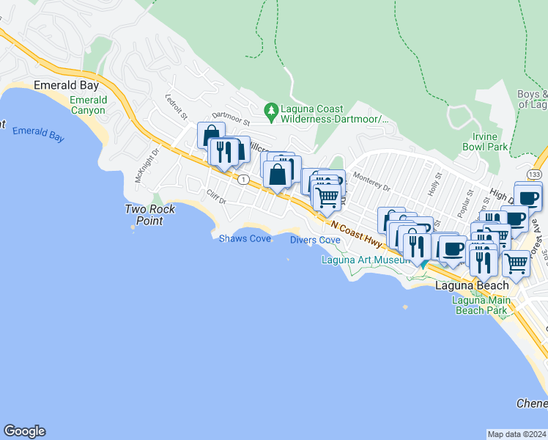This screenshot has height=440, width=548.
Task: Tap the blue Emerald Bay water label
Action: point(38,133)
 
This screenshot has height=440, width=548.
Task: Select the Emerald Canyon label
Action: point(88,105)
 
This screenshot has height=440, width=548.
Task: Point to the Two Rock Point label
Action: point(150,215)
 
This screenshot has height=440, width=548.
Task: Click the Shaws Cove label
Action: point(245,238)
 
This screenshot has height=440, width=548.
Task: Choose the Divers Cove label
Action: point(315,240)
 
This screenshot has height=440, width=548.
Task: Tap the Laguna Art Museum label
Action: point(365,260)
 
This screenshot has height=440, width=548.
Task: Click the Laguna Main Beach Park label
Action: point(480,305)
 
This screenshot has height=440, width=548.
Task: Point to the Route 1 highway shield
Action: point(242,180)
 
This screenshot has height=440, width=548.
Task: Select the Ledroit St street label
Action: point(177,107)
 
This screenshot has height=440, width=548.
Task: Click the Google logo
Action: point(24,431)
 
